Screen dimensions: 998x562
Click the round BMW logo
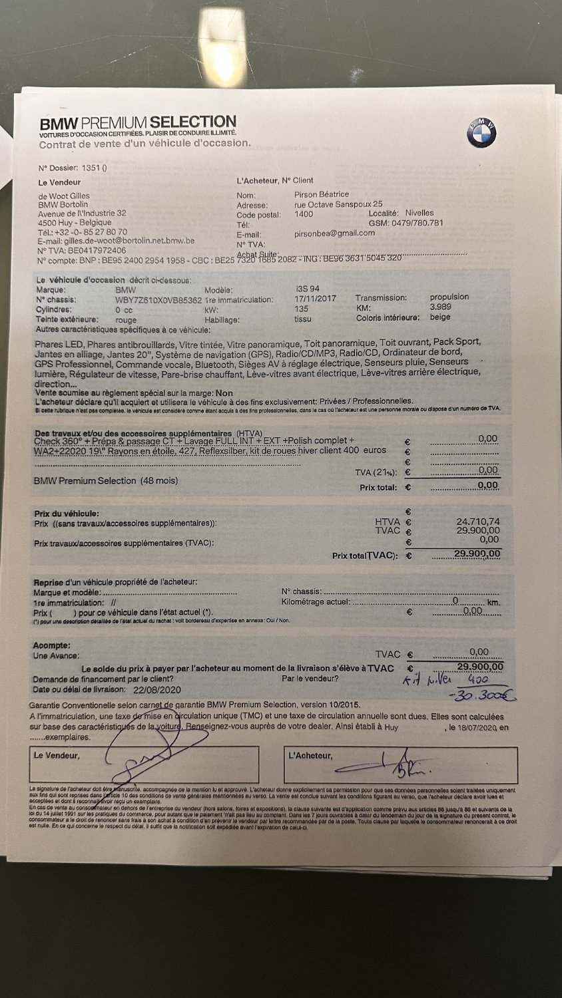pos(481,133)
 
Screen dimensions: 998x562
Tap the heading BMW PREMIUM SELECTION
pos(138,123)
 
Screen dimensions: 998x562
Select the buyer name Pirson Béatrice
pos(322,194)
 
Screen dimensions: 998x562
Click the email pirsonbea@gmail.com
pos(334,234)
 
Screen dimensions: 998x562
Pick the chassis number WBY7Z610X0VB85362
pos(158,300)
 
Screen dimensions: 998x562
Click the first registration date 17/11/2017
pos(316,299)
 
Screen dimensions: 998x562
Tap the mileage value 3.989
pos(440,307)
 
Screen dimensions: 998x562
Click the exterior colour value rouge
pos(126,320)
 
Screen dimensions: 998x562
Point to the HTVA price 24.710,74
pos(477,522)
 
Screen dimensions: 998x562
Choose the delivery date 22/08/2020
pos(157,690)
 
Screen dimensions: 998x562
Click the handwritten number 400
pos(477,680)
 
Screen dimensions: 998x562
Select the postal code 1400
pos(304,214)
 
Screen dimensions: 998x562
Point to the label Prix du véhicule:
pos(67,514)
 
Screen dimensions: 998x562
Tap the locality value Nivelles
pos(419,213)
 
